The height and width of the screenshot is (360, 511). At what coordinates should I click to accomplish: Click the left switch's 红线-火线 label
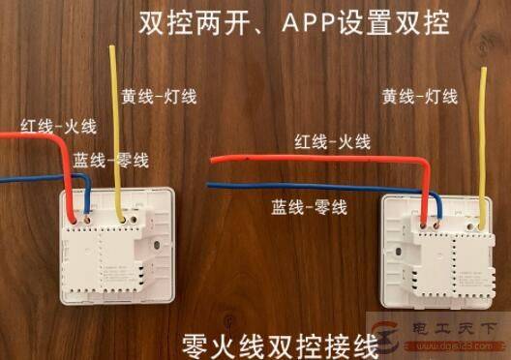click(45, 126)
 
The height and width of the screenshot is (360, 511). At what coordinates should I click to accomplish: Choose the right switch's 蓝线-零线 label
click(311, 205)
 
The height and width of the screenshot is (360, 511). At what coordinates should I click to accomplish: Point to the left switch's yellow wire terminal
click(117, 219)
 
